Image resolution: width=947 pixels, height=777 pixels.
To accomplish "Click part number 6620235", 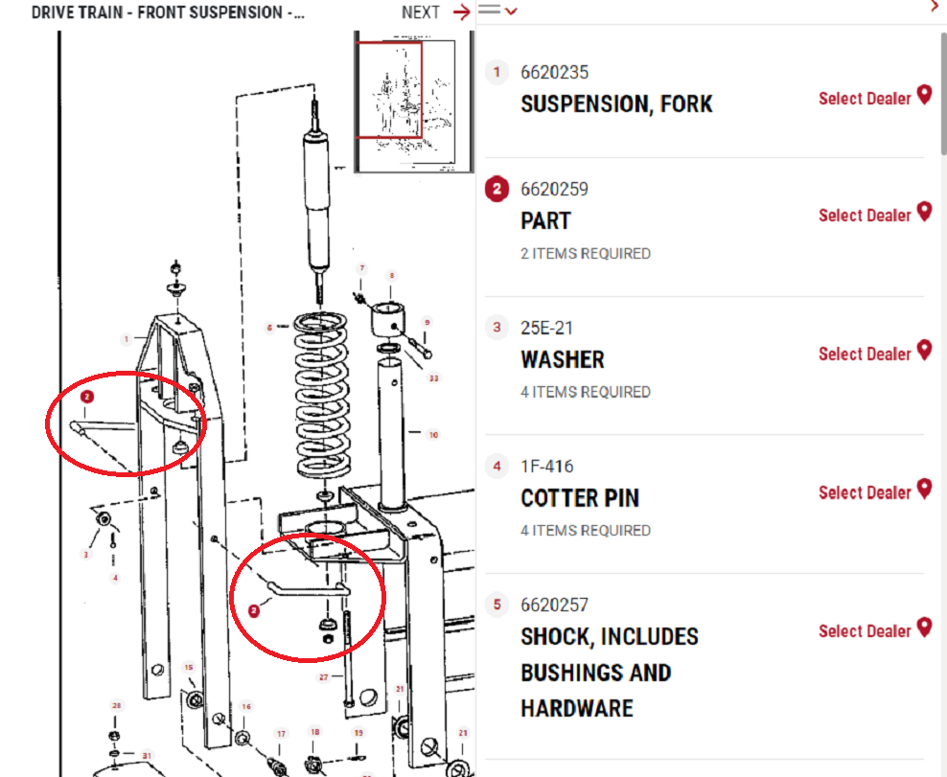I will click(x=554, y=73).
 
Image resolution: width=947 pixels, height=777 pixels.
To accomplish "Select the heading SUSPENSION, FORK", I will click(x=616, y=104).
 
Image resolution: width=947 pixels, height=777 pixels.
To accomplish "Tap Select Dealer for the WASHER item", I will click(x=864, y=354).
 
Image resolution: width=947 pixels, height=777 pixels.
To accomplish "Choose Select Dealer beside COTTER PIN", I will click(x=864, y=492).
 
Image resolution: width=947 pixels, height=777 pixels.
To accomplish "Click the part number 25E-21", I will click(x=546, y=328).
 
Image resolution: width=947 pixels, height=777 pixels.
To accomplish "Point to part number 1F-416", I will click(x=546, y=467).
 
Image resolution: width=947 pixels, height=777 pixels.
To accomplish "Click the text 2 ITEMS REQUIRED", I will click(x=585, y=254).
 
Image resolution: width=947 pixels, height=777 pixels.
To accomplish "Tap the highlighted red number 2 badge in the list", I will click(x=496, y=190).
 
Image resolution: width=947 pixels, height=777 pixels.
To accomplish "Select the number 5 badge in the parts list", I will click(x=496, y=605).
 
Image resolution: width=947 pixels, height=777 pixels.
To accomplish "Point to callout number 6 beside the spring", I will click(x=270, y=328).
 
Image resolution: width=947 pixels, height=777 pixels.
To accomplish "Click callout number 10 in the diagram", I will click(x=433, y=435).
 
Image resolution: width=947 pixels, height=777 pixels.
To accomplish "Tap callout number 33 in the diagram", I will click(x=433, y=378).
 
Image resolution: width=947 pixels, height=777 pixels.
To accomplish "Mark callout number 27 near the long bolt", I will click(x=324, y=677).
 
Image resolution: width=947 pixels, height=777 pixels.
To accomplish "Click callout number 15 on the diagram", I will click(x=189, y=668).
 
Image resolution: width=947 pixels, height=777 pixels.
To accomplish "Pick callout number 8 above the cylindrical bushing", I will click(x=390, y=276).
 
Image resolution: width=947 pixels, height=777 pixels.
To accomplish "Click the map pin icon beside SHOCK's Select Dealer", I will click(x=924, y=628).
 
